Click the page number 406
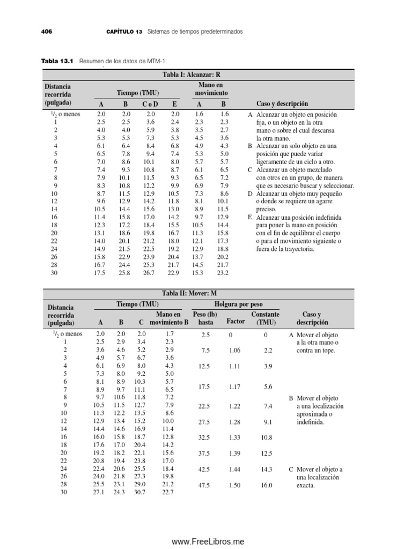click(47, 32)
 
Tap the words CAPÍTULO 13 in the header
click(124, 32)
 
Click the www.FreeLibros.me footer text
click(207, 542)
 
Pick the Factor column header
click(236, 322)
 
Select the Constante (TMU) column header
click(266, 318)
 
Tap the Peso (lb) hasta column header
click(205, 318)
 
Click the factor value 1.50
click(234, 486)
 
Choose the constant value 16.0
click(266, 486)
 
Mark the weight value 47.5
click(205, 486)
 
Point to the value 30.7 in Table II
click(139, 493)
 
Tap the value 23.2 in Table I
click(223, 273)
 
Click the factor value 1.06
click(234, 350)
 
